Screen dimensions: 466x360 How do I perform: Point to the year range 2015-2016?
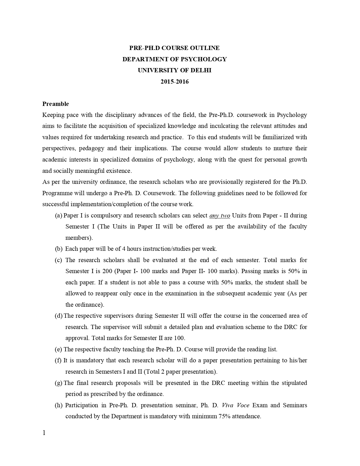(174, 82)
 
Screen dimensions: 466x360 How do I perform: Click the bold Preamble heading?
(56, 104)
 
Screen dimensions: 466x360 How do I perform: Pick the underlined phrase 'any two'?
(220, 215)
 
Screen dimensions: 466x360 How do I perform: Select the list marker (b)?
(58, 249)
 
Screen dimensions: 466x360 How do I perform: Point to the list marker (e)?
(58, 349)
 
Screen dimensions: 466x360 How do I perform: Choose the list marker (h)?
(58, 405)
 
